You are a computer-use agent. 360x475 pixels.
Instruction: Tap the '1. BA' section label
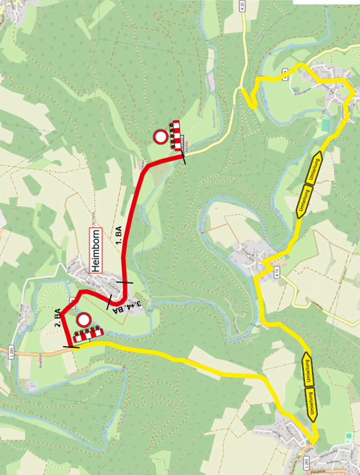click(x=118, y=234)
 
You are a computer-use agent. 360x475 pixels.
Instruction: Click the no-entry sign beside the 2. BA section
click(x=84, y=320)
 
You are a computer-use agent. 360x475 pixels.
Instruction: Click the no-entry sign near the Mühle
click(x=160, y=137)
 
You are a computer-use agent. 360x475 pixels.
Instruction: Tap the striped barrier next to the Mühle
click(x=175, y=135)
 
